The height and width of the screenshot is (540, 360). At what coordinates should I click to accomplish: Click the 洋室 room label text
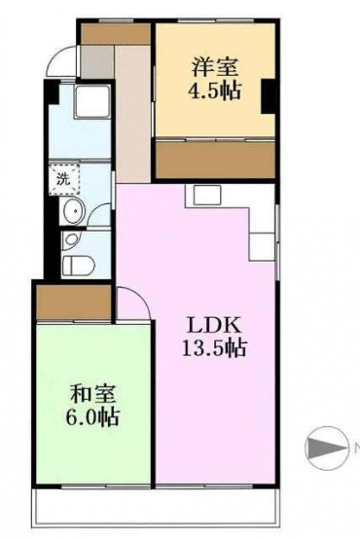[x=215, y=67]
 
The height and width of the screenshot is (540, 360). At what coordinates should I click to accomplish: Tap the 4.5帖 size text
[x=214, y=90]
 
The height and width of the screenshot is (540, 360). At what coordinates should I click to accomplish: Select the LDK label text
[x=214, y=326]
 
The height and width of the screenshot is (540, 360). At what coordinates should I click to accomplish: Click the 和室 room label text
[x=92, y=394]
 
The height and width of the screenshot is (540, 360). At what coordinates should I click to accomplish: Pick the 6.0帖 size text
[x=92, y=416]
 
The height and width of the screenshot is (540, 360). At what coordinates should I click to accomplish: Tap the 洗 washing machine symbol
[x=64, y=180]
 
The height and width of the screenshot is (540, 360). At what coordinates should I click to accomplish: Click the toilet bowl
[x=78, y=266]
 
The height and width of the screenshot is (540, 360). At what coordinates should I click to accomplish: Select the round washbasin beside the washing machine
[x=73, y=211]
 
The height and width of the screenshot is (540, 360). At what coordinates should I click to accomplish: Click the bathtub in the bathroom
[x=92, y=102]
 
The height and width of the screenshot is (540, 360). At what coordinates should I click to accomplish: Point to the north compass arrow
[x=326, y=448]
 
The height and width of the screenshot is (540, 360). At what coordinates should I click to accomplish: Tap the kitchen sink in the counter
[x=206, y=196]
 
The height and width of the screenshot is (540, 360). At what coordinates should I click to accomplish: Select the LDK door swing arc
[x=138, y=300]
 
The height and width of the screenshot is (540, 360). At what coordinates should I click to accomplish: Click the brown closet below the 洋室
[x=215, y=160]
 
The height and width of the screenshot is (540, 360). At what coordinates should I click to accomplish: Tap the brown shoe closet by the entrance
[x=116, y=33]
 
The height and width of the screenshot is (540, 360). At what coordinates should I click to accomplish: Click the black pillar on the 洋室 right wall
[x=268, y=96]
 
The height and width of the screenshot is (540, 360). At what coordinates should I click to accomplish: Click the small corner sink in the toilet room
[x=71, y=240]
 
